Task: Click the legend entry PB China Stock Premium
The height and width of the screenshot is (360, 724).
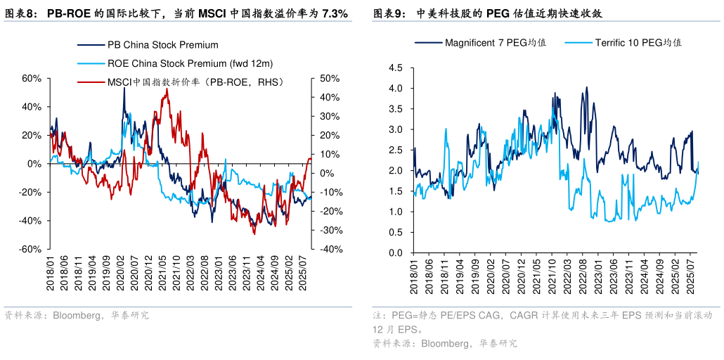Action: pyautogui.click(x=162, y=45)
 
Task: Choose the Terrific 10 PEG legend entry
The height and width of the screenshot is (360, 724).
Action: pyautogui.click(x=638, y=42)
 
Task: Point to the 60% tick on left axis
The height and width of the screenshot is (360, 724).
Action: pyautogui.click(x=32, y=78)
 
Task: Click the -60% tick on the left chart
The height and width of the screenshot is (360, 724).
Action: pyautogui.click(x=30, y=250)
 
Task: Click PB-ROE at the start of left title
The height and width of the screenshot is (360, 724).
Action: pyautogui.click(x=68, y=13)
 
